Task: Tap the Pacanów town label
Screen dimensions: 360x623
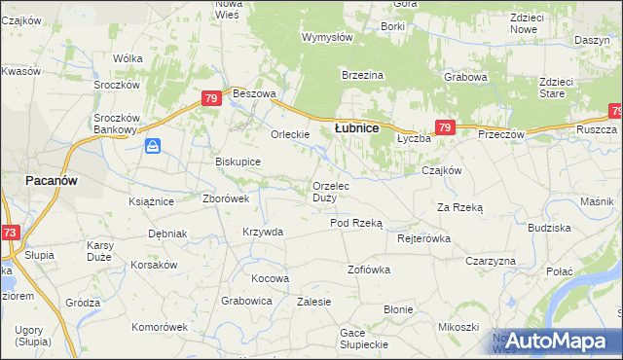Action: click(52, 181)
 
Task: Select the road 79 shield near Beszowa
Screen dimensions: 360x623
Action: click(211, 98)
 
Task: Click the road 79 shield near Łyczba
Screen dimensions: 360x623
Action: click(444, 127)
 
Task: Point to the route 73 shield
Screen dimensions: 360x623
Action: click(9, 233)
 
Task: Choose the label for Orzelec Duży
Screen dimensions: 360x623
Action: click(339, 192)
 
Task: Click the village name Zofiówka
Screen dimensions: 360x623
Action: click(369, 269)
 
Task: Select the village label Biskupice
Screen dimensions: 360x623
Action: click(238, 162)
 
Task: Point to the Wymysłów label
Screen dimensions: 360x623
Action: click(326, 37)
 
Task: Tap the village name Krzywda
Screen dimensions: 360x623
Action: click(263, 232)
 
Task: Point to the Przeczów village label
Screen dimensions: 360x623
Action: click(500, 134)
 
